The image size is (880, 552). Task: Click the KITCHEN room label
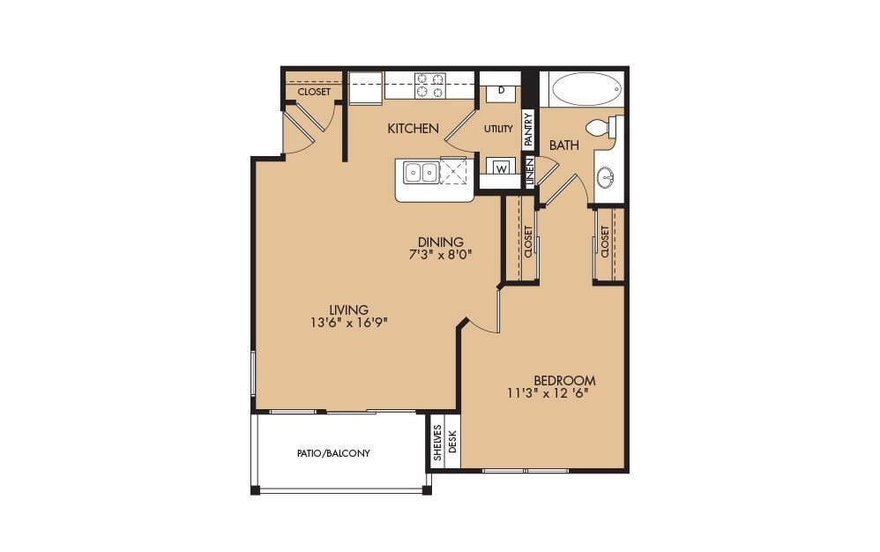click(413, 129)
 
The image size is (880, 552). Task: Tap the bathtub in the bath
click(581, 89)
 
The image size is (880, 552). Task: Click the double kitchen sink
click(421, 172)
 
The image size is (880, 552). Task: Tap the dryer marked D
click(501, 90)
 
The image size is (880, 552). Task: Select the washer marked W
click(501, 168)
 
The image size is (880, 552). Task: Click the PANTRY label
click(529, 129)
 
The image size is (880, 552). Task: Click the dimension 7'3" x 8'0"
click(441, 257)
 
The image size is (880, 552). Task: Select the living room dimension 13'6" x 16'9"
click(348, 322)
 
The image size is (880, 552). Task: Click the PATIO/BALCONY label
click(333, 453)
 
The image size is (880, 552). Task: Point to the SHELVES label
click(437, 442)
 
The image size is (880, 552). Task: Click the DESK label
click(453, 442)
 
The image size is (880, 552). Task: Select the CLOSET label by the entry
click(314, 92)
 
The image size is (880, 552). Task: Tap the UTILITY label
click(498, 129)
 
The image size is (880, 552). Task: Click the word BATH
click(564, 145)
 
